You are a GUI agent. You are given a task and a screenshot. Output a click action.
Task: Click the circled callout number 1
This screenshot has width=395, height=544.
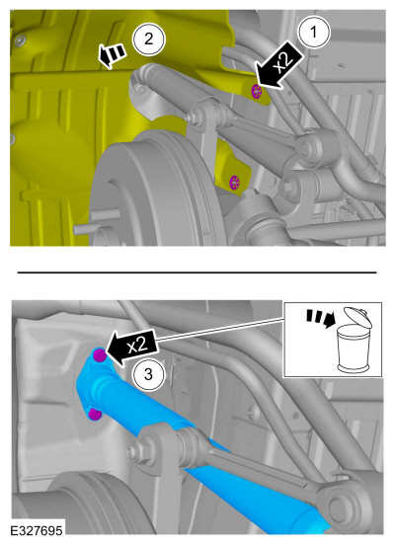[x=314, y=33]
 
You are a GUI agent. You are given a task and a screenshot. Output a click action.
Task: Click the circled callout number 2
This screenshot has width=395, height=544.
[x=149, y=39]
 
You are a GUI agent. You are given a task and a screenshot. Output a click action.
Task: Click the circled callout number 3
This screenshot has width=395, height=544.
[x=148, y=374]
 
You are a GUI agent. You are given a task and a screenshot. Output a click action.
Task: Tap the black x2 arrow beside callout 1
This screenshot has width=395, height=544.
[x=278, y=66]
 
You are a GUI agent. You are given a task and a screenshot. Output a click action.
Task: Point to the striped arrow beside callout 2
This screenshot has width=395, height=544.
[x=111, y=55]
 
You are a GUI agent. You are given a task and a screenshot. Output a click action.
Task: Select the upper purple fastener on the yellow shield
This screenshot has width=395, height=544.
[x=257, y=91]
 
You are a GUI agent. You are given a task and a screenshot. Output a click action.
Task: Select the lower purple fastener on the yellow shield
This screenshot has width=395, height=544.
[x=235, y=182]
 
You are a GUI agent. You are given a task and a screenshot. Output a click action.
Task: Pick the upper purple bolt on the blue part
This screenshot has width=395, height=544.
[x=100, y=355]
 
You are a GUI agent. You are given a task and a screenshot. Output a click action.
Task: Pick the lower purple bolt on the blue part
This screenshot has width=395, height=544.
[x=94, y=414]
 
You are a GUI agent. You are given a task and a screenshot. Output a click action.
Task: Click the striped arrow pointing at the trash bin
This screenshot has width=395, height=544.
[x=319, y=319]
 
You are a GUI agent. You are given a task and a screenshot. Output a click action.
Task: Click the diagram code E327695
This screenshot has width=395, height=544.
[x=37, y=531]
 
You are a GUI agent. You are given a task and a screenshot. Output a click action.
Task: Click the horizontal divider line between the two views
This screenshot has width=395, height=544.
[x=197, y=272]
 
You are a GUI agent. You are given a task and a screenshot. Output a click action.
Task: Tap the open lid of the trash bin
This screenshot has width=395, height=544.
[x=357, y=318]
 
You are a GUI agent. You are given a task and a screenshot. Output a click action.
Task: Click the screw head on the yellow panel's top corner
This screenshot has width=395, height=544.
[x=20, y=40]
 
